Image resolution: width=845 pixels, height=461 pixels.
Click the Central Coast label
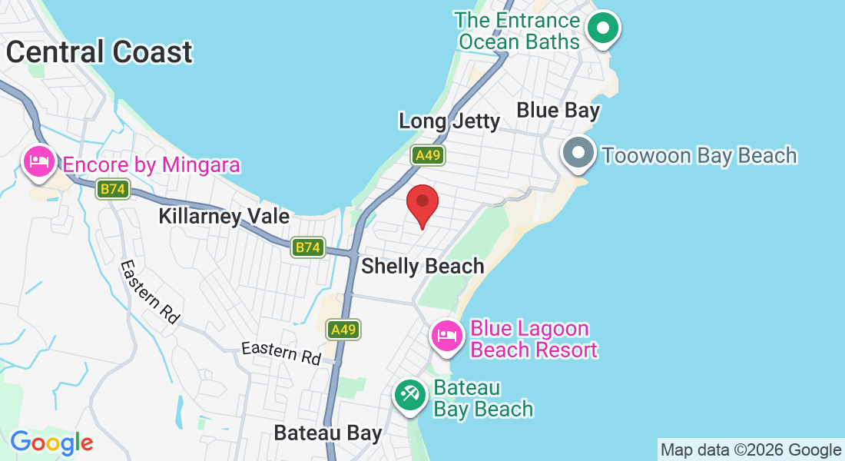pos(99,52)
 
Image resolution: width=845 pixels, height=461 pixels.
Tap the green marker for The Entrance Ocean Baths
pos(603,29)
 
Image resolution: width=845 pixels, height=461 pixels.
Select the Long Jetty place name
pos(449,121)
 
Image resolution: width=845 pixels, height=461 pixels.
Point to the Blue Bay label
pos(558,110)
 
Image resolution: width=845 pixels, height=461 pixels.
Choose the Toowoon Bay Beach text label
pos(699,155)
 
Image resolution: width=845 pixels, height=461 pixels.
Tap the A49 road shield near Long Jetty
pos(427,155)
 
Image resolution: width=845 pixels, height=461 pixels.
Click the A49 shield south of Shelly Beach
pos(343,330)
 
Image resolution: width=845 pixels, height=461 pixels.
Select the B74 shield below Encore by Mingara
pos(112,189)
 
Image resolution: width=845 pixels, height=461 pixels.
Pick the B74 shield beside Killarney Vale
pos(307,247)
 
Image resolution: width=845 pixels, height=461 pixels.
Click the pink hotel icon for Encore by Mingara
pos(38,162)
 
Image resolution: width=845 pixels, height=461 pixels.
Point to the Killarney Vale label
pos(224,216)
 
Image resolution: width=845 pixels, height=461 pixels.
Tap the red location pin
pos(422,204)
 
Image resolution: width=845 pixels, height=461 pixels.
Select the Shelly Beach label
pos(422,266)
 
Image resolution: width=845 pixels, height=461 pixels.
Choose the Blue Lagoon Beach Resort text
pos(533,340)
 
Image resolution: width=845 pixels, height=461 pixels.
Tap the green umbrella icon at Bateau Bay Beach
pos(409,395)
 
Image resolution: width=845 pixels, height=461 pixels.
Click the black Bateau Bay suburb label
pos(328,433)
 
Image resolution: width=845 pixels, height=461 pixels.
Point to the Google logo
pos(51,443)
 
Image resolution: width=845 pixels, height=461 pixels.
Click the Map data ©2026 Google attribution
pos(751,450)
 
